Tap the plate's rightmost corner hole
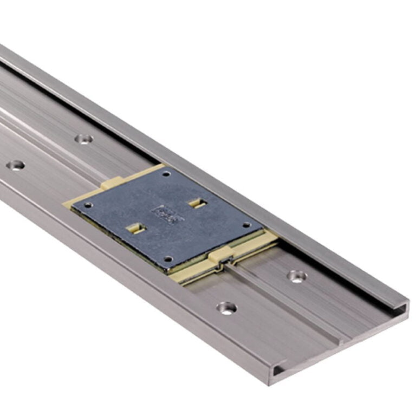pos(246,225)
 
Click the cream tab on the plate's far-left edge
pos(111,184)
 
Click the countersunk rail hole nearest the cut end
pos(226,308)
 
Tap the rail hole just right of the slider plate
pos(296,276)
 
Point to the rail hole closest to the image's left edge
pos(16,165)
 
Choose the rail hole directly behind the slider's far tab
pos(83,139)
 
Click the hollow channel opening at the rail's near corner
pos(277,370)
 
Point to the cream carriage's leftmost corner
pos(66,205)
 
